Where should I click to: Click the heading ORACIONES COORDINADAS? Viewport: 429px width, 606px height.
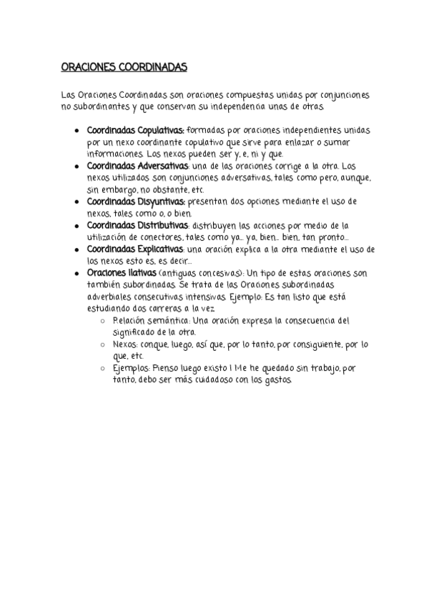[x=123, y=67]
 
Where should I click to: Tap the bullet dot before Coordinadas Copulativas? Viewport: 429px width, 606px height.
[x=77, y=131]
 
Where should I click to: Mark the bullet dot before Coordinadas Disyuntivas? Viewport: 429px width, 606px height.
[x=77, y=202]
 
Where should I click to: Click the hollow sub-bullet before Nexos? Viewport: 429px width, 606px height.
[x=105, y=344]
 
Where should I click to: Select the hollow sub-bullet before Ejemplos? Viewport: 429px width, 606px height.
[x=105, y=368]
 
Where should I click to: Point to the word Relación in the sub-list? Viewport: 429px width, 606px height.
[x=129, y=320]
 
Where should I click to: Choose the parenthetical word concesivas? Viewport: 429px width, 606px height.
[x=219, y=273]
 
